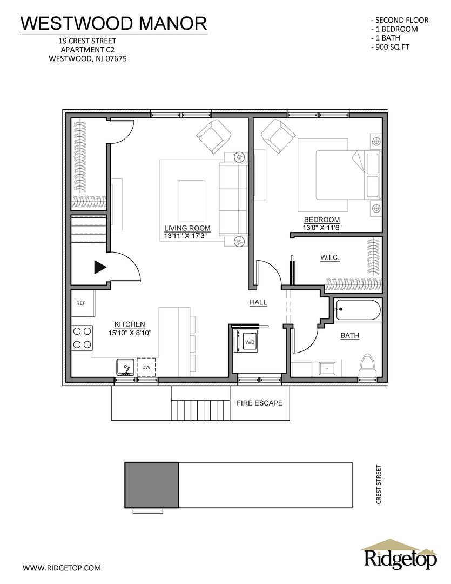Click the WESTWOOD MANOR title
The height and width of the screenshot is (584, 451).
point(113,23)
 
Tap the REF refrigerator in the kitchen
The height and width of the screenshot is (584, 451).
point(82,303)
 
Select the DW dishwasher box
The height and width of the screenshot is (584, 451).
point(146,367)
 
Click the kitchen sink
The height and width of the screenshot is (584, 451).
point(125,367)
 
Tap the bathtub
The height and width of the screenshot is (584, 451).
point(357,310)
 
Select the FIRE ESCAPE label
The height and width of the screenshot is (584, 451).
point(259,403)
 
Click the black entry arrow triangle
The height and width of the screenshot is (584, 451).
point(100,267)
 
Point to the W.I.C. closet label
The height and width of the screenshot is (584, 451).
point(329,257)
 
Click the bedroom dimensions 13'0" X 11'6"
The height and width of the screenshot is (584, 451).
point(322,227)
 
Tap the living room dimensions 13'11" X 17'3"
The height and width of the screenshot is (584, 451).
point(185,236)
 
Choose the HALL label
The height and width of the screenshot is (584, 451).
point(258,302)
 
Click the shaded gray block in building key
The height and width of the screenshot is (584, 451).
point(152,485)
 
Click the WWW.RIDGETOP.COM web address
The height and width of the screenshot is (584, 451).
point(62,568)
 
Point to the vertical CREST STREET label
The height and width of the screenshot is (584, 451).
point(379,485)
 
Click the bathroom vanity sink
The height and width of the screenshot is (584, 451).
point(327,369)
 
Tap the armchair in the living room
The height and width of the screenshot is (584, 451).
point(213,136)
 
